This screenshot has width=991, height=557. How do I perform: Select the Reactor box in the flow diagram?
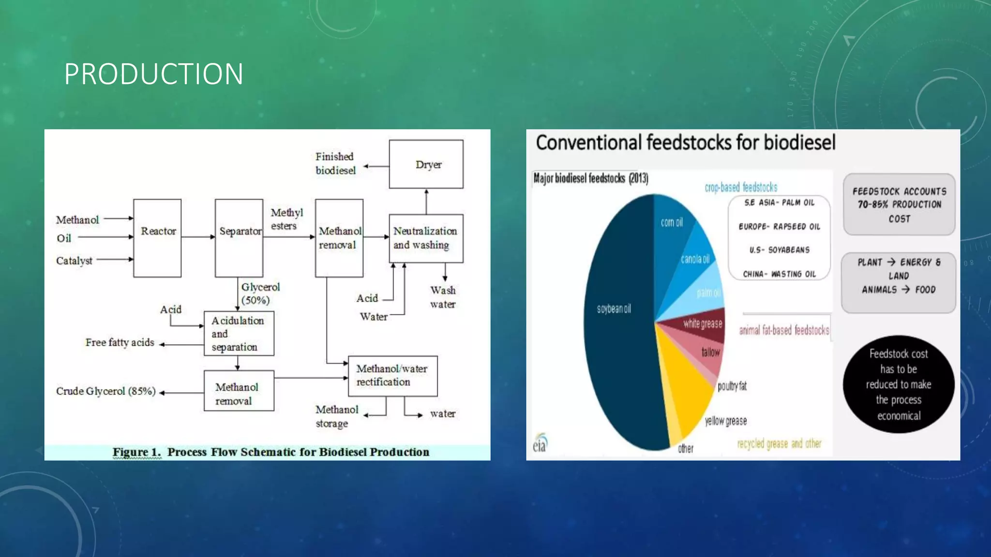click(157, 238)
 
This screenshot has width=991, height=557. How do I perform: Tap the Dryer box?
click(426, 164)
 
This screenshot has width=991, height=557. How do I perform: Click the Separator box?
click(239, 238)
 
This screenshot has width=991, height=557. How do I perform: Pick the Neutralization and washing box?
click(426, 238)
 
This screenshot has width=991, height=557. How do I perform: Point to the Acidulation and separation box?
click(239, 334)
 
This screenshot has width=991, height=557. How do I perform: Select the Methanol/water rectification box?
click(392, 376)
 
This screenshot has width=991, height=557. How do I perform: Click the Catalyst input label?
click(74, 261)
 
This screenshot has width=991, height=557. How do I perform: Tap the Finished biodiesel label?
click(335, 163)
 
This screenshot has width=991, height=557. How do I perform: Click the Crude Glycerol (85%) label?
click(106, 391)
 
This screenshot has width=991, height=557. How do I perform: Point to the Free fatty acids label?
click(120, 342)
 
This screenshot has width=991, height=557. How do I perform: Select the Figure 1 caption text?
click(271, 452)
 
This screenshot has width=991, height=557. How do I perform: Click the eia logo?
click(540, 443)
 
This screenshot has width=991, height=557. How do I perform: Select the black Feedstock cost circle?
click(899, 384)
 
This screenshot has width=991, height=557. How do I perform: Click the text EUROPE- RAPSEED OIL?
click(779, 227)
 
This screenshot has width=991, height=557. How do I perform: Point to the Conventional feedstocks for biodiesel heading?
click(685, 143)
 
